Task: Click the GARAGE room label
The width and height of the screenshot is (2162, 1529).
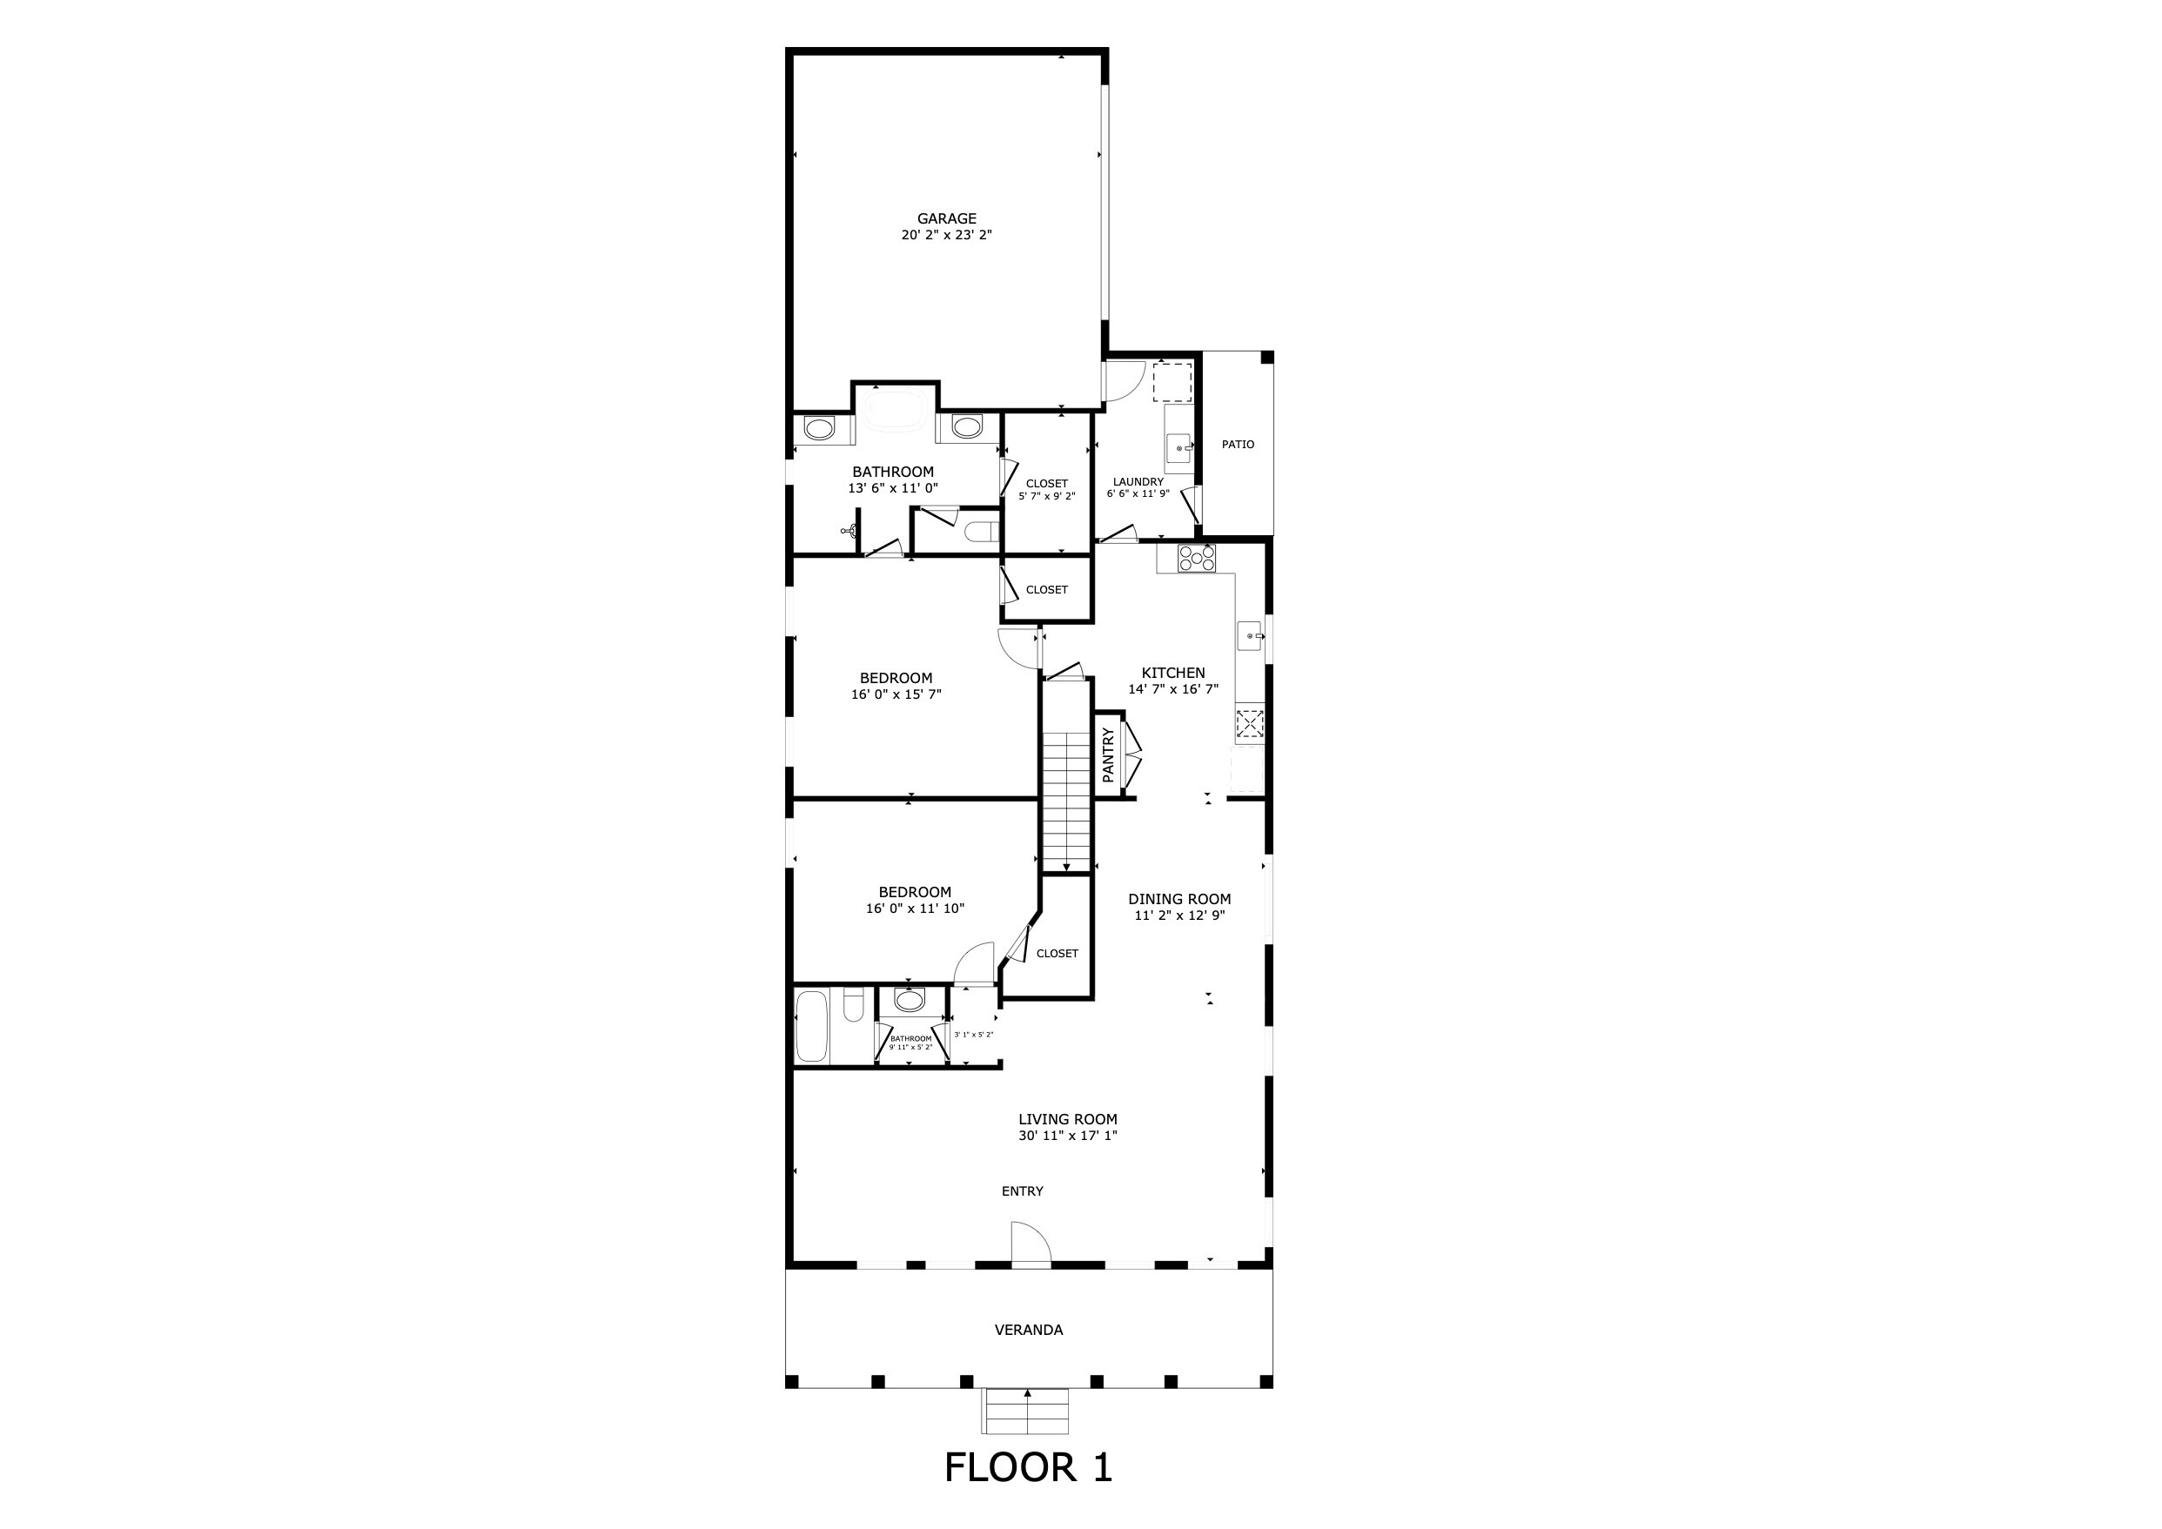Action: coord(946,218)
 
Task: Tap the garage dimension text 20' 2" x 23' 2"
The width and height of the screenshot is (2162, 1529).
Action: coord(946,235)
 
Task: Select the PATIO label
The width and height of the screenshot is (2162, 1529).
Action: coord(1238,445)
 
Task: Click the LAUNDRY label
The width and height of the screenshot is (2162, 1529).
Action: coord(1138,482)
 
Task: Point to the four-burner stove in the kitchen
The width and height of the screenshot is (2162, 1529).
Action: coord(1197,559)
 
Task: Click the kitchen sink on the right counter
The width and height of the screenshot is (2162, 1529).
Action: coord(1250,636)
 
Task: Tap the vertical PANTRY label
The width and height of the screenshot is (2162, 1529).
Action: coord(1108,754)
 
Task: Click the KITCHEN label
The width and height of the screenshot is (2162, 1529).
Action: coord(1173,674)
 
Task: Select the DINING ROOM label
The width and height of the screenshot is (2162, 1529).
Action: coord(1179,899)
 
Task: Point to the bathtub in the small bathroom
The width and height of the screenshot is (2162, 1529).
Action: coord(812,1025)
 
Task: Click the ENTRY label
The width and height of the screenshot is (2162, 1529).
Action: coord(1022,1191)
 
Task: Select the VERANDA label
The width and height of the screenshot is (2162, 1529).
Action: coord(1028,1331)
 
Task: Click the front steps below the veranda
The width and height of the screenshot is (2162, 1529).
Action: coord(1027,1411)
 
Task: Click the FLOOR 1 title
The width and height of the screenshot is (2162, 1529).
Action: coord(1028,1468)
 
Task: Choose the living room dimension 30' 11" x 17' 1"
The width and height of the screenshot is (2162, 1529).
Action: coord(1068,1136)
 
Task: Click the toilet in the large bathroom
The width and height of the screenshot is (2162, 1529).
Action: coord(982,532)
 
